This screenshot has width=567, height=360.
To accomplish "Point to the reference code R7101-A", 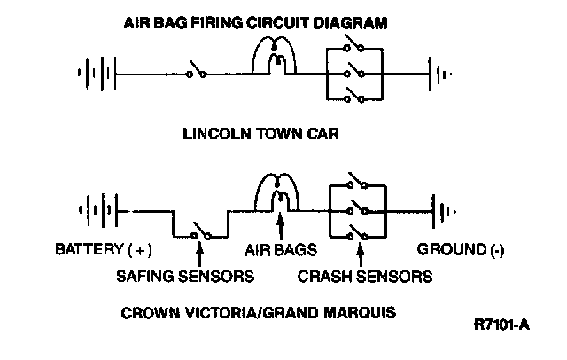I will pyautogui.click(x=501, y=324).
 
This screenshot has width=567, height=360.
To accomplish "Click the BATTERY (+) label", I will pyautogui.click(x=105, y=251).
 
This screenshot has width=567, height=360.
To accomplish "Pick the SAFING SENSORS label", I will pyautogui.click(x=186, y=276).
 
